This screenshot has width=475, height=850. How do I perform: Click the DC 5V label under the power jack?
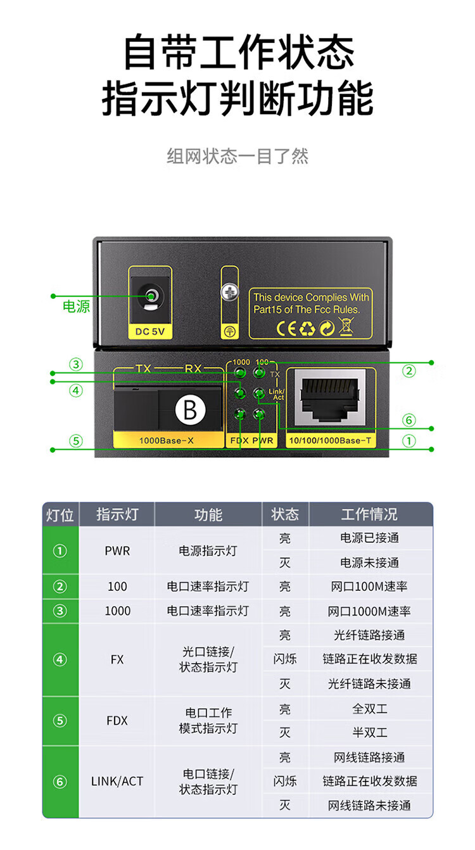tap(150, 331)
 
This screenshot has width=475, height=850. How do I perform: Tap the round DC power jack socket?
tap(151, 296)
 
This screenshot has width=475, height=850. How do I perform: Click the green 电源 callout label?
tap(76, 307)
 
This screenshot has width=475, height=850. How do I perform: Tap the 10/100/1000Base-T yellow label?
tap(330, 440)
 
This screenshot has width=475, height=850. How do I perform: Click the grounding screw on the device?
tap(230, 293)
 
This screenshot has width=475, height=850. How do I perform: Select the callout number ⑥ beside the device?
tap(409, 420)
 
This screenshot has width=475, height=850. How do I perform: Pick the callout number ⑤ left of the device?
tap(76, 440)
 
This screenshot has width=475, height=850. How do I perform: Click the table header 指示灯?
tap(117, 514)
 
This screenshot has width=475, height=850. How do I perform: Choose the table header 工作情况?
tap(370, 514)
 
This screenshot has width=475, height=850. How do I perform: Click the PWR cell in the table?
tap(117, 551)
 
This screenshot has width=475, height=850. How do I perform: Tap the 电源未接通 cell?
tap(370, 562)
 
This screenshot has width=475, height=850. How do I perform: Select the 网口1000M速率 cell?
tap(370, 611)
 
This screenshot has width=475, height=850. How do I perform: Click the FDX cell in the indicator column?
tap(117, 721)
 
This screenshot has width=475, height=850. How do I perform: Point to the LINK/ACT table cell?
tap(117, 782)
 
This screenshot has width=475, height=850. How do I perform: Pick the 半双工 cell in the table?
tap(370, 733)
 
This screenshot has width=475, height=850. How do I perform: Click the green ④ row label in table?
tap(60, 660)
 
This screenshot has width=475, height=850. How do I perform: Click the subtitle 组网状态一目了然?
tap(237, 156)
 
